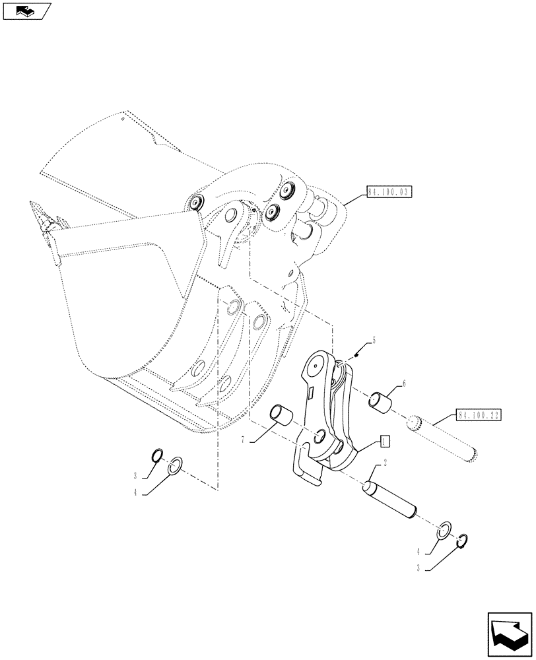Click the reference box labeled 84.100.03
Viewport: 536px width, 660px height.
click(387, 193)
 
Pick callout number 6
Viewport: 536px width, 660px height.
click(403, 383)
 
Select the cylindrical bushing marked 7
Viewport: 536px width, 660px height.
click(283, 416)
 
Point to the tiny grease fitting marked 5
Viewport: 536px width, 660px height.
click(356, 355)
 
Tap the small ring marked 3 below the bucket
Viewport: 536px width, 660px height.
click(157, 455)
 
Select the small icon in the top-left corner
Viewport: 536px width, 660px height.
click(26, 10)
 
